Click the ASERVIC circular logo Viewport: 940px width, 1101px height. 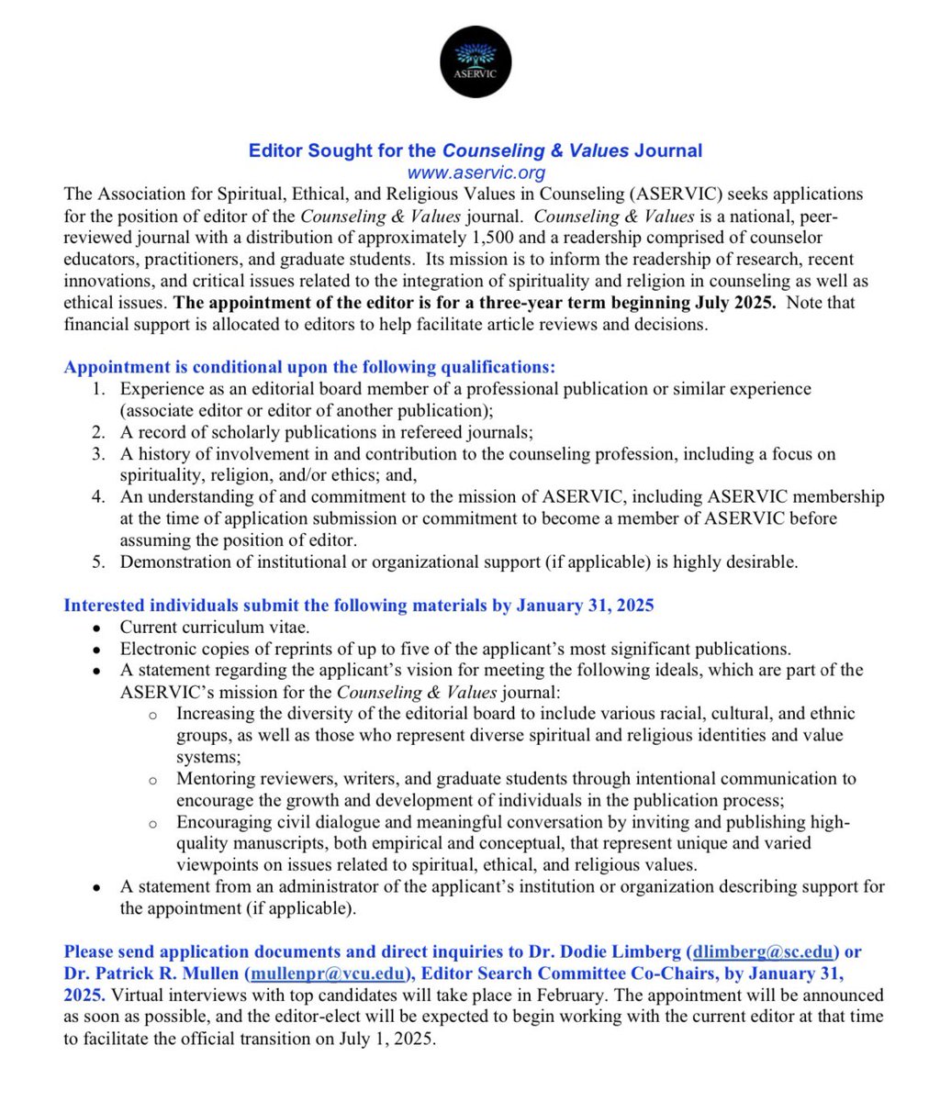[476, 61]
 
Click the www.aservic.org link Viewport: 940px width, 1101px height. [476, 172]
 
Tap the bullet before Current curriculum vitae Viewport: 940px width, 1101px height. [97, 628]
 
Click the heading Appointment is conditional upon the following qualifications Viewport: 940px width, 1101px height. [309, 368]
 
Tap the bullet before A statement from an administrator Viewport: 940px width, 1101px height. [97, 887]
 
